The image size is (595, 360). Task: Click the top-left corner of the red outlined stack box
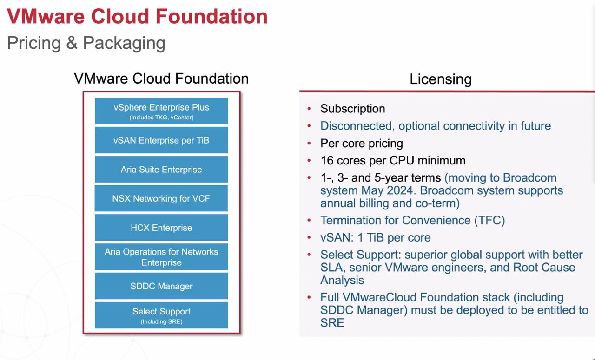(83, 92)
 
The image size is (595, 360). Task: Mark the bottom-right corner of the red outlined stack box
(241, 334)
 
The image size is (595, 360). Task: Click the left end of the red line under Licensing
(300, 92)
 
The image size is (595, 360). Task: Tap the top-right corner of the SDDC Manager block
(228, 273)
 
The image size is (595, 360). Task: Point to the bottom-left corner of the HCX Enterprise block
(95, 241)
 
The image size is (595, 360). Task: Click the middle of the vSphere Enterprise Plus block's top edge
(161, 98)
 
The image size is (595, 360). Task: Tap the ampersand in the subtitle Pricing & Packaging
(72, 42)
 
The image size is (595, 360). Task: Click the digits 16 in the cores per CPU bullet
(327, 160)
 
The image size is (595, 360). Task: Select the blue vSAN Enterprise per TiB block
(161, 140)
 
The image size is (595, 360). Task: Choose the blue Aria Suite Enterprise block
(161, 169)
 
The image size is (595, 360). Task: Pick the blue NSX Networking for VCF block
(161, 198)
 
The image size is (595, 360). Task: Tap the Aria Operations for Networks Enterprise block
(161, 257)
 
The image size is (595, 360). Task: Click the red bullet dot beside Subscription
(309, 109)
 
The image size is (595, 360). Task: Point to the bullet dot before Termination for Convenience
(309, 220)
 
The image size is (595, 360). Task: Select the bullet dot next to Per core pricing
(309, 144)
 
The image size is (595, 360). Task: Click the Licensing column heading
(441, 79)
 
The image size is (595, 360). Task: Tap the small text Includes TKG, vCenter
(161, 118)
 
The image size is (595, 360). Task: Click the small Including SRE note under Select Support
(161, 321)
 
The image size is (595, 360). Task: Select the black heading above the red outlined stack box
(161, 79)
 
